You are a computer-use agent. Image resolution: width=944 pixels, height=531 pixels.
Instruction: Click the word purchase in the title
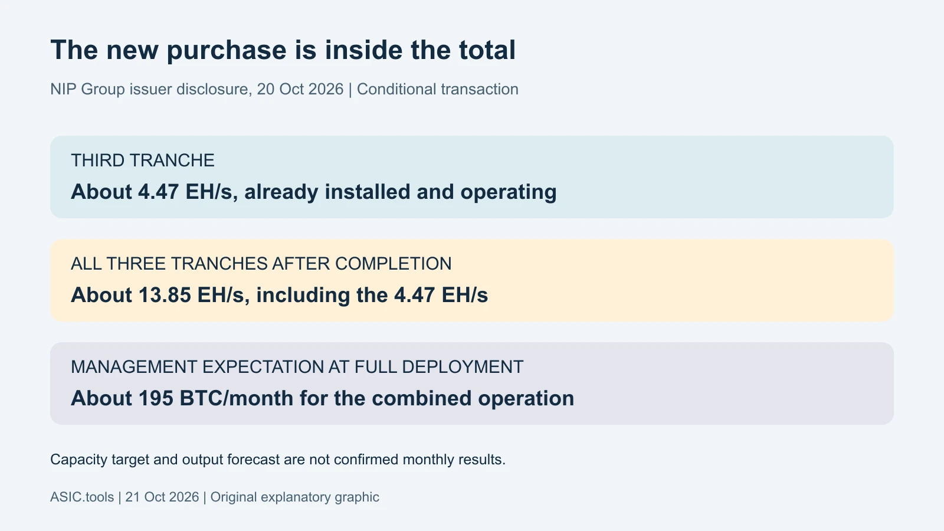pos(226,51)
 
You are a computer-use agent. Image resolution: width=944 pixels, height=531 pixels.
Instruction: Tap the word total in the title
pos(487,50)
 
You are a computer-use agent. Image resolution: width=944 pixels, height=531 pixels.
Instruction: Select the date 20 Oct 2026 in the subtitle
pos(300,89)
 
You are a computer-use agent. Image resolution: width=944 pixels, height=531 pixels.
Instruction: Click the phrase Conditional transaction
pos(437,89)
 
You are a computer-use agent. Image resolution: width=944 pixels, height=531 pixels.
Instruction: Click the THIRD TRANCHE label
pos(142,160)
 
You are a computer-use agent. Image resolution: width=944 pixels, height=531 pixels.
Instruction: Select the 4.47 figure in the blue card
pos(159,192)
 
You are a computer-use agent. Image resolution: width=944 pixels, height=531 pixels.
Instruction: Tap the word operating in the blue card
pos(508,192)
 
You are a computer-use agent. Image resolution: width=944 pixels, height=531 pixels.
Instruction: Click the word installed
pos(367,192)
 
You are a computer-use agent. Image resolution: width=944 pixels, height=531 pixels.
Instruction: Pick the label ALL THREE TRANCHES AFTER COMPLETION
pos(261,264)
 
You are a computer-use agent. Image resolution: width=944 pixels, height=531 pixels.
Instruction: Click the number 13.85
pos(165,295)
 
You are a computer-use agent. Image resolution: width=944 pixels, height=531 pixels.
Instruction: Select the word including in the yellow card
pos(303,296)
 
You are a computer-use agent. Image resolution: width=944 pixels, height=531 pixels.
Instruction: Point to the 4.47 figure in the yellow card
pos(414,295)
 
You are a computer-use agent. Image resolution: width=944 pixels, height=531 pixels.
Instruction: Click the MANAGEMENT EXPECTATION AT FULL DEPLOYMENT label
pos(297,367)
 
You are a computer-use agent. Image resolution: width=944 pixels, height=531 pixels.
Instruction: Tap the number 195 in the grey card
pos(156,398)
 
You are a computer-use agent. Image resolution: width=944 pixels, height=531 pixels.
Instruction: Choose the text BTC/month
pos(237,398)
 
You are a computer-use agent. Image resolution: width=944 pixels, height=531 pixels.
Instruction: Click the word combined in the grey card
pos(421,398)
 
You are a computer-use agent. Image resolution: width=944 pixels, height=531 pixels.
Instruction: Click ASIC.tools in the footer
pos(82,497)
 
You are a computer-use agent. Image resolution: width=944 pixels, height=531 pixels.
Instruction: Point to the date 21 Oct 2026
pos(162,497)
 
